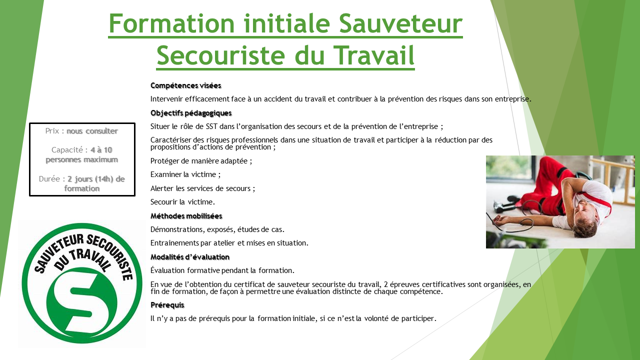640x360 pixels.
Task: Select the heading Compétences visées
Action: point(185,85)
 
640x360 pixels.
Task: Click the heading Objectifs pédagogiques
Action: point(191,113)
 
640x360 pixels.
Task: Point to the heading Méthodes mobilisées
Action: point(186,216)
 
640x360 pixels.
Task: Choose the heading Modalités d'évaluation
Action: point(190,257)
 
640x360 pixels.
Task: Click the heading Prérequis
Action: point(167,305)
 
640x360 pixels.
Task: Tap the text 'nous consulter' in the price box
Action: point(92,131)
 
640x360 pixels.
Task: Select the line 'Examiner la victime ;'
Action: point(185,175)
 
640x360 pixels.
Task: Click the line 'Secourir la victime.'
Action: point(182,202)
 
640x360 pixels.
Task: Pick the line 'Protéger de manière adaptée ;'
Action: point(201,161)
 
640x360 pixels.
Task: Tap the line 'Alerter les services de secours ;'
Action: point(202,188)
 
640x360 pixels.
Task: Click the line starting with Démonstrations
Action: point(217,230)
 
